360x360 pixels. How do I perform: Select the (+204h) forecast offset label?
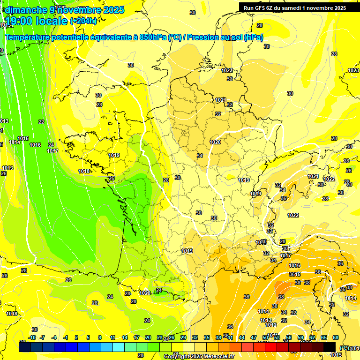[83, 21]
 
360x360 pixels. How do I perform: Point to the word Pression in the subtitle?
[203, 37]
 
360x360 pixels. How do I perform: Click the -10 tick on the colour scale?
[32, 337]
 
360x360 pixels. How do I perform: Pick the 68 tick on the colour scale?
[336, 337]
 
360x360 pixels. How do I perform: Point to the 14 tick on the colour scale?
[125, 337]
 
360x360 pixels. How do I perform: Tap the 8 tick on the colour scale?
[100, 337]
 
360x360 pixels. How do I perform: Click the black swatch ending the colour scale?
[330, 347]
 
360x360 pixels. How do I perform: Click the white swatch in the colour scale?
[189, 347]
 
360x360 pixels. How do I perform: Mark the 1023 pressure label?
[353, 70]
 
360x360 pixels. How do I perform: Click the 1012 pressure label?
[271, 325]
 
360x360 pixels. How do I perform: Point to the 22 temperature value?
[41, 122]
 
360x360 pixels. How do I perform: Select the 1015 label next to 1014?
[23, 138]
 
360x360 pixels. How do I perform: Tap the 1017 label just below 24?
[52, 151]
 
